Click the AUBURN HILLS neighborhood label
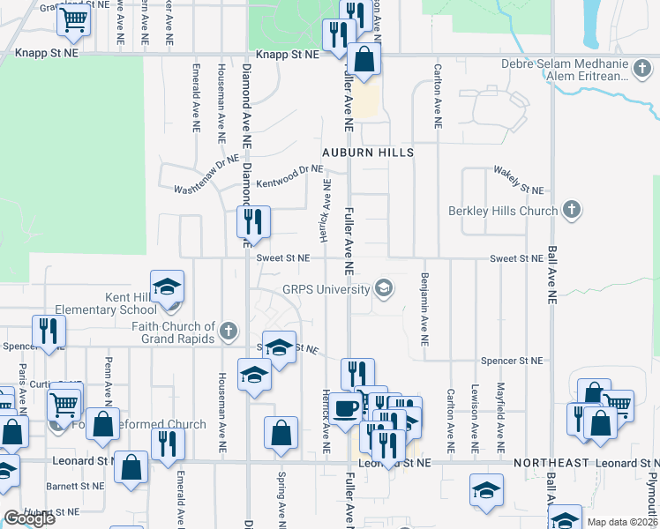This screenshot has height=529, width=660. pyautogui.click(x=368, y=153)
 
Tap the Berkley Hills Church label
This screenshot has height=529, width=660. pyautogui.click(x=503, y=211)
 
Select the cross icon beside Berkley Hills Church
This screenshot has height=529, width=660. pyautogui.click(x=572, y=211)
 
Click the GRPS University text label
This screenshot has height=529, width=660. pyautogui.click(x=326, y=289)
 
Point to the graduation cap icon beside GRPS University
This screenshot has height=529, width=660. pyautogui.click(x=384, y=288)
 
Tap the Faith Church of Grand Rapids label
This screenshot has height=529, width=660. pyautogui.click(x=172, y=332)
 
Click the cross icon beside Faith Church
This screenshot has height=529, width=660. pyautogui.click(x=228, y=332)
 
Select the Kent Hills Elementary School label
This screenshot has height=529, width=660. pyautogui.click(x=106, y=304)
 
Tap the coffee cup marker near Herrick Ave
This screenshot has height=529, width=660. pyautogui.click(x=347, y=408)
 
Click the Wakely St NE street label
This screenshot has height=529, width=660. pyautogui.click(x=518, y=180)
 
